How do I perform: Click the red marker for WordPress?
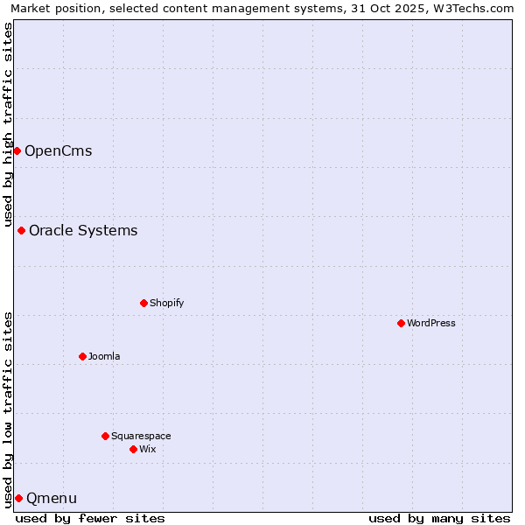pyautogui.click(x=401, y=323)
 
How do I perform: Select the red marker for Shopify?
pyautogui.click(x=143, y=303)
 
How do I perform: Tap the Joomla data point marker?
pyautogui.click(x=82, y=356)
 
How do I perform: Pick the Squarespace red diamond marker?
pyautogui.click(x=105, y=436)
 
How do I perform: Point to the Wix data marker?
pyautogui.click(x=133, y=449)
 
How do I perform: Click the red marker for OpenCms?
pyautogui.click(x=17, y=150)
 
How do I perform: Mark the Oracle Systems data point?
pyautogui.click(x=21, y=230)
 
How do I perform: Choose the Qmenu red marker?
pyautogui.click(x=18, y=498)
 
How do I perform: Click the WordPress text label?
pyautogui.click(x=431, y=323)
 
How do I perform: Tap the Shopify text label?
pyautogui.click(x=166, y=303)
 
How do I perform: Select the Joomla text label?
pyautogui.click(x=104, y=356)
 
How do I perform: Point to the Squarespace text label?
pyautogui.click(x=141, y=436)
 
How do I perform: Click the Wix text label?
pyautogui.click(x=148, y=449)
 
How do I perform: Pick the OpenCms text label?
pyautogui.click(x=58, y=150)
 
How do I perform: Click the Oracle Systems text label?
pyautogui.click(x=83, y=230)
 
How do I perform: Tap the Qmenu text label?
pyautogui.click(x=52, y=498)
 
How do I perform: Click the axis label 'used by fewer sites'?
pyautogui.click(x=90, y=518)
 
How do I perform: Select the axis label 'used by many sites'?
pyautogui.click(x=439, y=518)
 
